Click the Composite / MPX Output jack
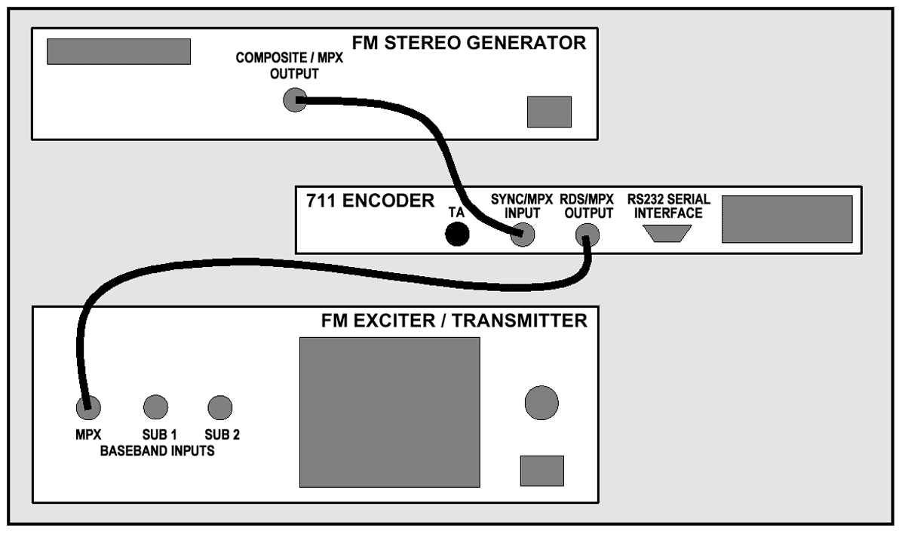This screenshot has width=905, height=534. click(x=293, y=100)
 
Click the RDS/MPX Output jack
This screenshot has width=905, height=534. click(x=587, y=238)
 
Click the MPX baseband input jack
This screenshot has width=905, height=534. click(x=88, y=408)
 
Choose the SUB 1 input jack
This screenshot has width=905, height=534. click(x=155, y=407)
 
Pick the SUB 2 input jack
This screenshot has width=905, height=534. click(x=219, y=407)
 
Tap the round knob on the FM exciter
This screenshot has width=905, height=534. click(x=541, y=403)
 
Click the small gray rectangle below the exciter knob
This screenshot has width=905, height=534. click(x=542, y=471)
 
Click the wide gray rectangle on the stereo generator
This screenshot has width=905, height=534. click(x=118, y=51)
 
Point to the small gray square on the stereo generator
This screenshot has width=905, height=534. click(x=549, y=112)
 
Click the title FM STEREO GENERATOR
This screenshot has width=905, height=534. click(x=469, y=43)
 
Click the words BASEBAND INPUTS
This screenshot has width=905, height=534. click(x=158, y=452)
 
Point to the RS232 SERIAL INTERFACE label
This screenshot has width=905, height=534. click(x=665, y=207)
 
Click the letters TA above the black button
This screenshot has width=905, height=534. click(x=456, y=212)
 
